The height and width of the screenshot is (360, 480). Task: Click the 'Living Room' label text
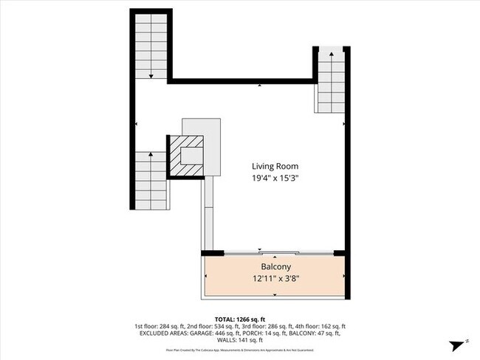coord(275,166)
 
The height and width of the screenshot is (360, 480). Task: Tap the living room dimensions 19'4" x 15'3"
coord(275,178)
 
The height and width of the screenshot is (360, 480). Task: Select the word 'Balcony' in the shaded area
coord(275,266)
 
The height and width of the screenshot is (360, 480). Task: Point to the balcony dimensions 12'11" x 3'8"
coord(275,279)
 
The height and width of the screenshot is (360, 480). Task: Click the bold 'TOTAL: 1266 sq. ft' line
coord(240,319)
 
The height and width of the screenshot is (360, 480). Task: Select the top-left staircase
coord(151,46)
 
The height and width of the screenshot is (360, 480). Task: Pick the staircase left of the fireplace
coord(151,181)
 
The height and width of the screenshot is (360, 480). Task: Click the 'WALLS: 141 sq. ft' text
coord(240,339)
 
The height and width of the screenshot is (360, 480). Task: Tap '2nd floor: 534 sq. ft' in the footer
coord(212,326)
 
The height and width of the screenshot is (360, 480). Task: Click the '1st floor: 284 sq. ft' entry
coord(158,326)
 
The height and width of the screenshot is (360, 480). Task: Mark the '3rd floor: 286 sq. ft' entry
coord(266,326)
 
